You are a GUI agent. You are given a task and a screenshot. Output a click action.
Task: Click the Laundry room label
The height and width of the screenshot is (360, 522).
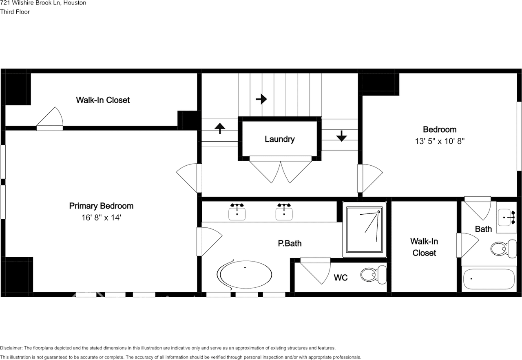(x=279, y=139)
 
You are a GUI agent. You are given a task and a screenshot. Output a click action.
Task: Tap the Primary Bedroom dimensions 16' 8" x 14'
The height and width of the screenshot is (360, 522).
(x=101, y=218)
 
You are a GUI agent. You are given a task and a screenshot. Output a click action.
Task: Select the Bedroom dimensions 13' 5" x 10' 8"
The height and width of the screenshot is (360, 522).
(x=439, y=141)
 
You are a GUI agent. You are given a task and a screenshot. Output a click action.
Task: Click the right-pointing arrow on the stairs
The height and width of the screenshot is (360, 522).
(x=261, y=99)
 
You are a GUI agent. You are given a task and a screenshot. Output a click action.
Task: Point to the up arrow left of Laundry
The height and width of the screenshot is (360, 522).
(x=220, y=129)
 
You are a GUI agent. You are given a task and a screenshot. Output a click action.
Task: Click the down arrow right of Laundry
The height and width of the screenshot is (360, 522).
(x=341, y=136)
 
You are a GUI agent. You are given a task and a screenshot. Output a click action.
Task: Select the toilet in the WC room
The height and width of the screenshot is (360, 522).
(x=373, y=274)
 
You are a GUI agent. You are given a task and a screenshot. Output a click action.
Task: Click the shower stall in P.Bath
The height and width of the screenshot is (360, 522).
(x=365, y=230)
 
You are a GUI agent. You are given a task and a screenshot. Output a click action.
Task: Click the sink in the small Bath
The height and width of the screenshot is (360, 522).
(x=507, y=217)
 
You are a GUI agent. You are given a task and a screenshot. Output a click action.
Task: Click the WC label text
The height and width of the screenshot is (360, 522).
(x=341, y=278)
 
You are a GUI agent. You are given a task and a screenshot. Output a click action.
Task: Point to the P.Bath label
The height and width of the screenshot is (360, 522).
(x=290, y=244)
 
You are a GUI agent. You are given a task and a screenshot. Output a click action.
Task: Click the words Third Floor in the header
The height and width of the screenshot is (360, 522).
(x=15, y=12)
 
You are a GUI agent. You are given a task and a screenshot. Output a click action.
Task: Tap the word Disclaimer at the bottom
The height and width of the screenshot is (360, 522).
(x=11, y=348)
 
